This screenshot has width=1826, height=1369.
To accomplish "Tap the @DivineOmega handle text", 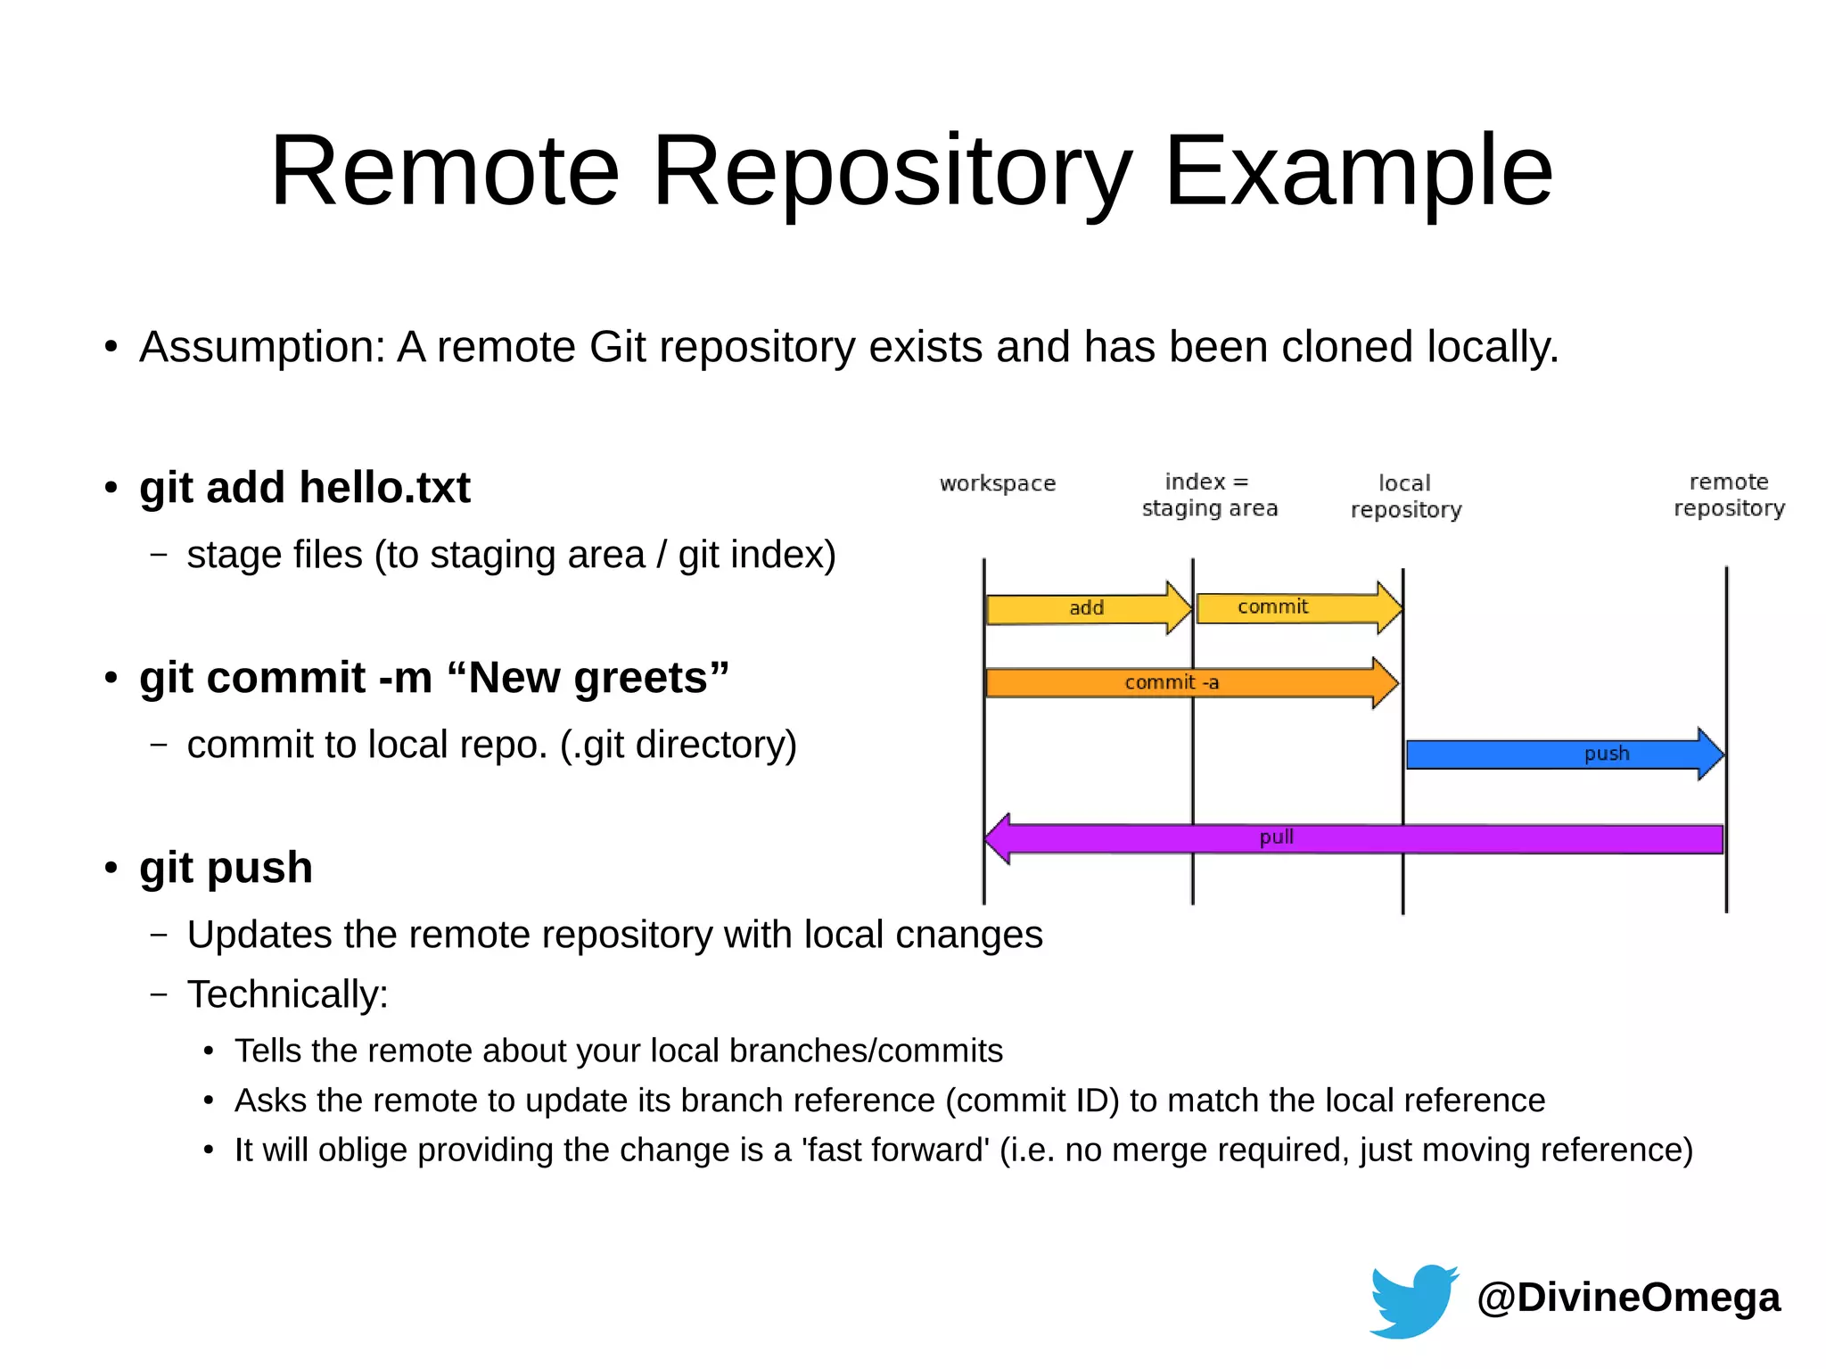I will pyautogui.click(x=1628, y=1297).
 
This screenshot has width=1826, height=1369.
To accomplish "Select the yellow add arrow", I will pyautogui.click(x=1087, y=608).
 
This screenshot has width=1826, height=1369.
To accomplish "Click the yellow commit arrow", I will pyautogui.click(x=1293, y=607).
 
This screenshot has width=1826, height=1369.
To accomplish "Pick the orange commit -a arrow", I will pyautogui.click(x=1186, y=683).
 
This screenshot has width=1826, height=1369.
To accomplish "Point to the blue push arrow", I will pyautogui.click(x=1560, y=755).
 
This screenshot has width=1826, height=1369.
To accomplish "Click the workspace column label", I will pyautogui.click(x=997, y=483).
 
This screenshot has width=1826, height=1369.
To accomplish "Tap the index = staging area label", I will pyautogui.click(x=1209, y=495).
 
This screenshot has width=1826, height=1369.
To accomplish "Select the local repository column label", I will pyautogui.click(x=1405, y=496).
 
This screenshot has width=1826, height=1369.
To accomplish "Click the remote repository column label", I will pyautogui.click(x=1728, y=495).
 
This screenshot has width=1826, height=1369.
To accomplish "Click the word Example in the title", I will pyautogui.click(x=1358, y=170).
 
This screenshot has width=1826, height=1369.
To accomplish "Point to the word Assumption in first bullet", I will pyautogui.click(x=261, y=347).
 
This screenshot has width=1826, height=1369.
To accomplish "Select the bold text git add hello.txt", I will pyautogui.click(x=304, y=488).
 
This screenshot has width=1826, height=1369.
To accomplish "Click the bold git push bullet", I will pyautogui.click(x=226, y=868).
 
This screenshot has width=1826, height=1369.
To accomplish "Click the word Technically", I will pyautogui.click(x=287, y=994).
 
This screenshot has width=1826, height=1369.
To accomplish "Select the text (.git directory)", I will pyautogui.click(x=678, y=745).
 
